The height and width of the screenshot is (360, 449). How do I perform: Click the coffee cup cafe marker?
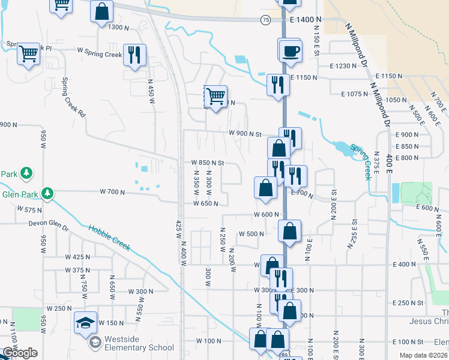pyautogui.click(x=290, y=50)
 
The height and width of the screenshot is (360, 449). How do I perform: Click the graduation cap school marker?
pyautogui.click(x=85, y=322)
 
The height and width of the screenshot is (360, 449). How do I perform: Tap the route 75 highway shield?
pyautogui.click(x=265, y=20)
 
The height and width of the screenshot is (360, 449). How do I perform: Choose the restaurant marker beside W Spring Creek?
pyautogui.click(x=134, y=55)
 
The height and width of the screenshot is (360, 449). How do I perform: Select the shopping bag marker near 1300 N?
pyautogui.click(x=102, y=11)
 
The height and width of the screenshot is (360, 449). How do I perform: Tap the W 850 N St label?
pyautogui.click(x=207, y=163)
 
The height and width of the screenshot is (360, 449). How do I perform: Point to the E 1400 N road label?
pyautogui.click(x=305, y=20)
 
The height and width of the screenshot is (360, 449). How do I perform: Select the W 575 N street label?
pyautogui.click(x=29, y=209)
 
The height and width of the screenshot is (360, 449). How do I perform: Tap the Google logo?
pyautogui.click(x=20, y=353)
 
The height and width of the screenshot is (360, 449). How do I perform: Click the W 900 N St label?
pyautogui.click(x=245, y=134)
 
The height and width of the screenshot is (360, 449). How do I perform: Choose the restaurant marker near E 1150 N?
pyautogui.click(x=278, y=84)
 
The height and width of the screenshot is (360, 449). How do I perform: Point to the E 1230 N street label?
pyautogui.click(x=343, y=66)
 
